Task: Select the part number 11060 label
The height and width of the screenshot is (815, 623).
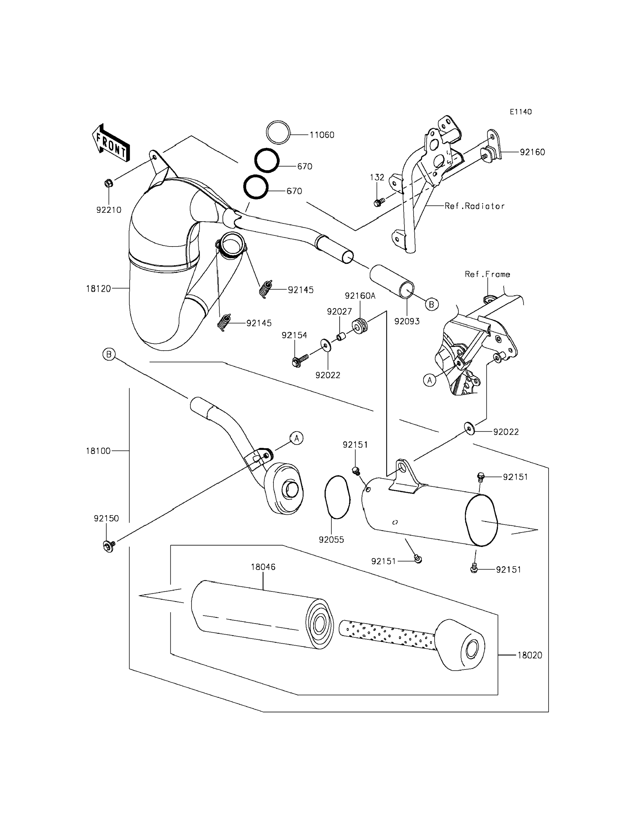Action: pyautogui.click(x=322, y=135)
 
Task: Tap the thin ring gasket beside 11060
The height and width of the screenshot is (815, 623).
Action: pyautogui.click(x=278, y=132)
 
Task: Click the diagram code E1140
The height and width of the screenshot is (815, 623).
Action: pyautogui.click(x=521, y=112)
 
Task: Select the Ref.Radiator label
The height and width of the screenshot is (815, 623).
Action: pyautogui.click(x=475, y=206)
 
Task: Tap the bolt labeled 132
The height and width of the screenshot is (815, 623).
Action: pyautogui.click(x=378, y=203)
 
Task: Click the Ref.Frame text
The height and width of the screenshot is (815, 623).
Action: pyautogui.click(x=487, y=274)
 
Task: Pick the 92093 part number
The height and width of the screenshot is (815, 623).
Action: pyautogui.click(x=407, y=322)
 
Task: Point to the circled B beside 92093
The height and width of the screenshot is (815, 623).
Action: pyautogui.click(x=431, y=304)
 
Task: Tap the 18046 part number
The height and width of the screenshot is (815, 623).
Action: pyautogui.click(x=263, y=567)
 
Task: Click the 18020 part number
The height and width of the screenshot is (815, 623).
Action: pyautogui.click(x=530, y=655)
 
